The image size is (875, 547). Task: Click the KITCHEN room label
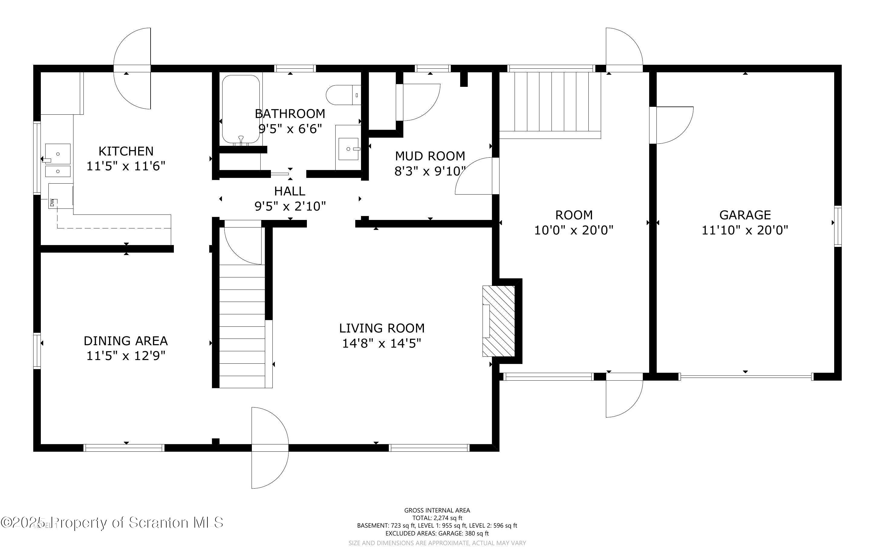click(126, 151)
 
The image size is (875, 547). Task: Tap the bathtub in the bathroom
click(241, 109)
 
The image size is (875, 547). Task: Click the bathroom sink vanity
click(348, 148)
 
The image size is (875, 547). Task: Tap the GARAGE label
click(745, 215)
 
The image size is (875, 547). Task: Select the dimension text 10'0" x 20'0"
click(574, 230)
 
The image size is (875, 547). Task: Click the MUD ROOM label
click(430, 156)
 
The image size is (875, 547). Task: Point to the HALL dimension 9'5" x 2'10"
click(290, 206)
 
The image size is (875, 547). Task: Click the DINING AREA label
click(125, 340)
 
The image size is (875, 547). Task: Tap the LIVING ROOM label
click(382, 328)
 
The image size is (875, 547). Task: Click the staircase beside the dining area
click(242, 326)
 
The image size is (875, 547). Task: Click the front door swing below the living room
click(269, 448)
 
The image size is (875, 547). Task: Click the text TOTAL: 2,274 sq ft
click(437, 518)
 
